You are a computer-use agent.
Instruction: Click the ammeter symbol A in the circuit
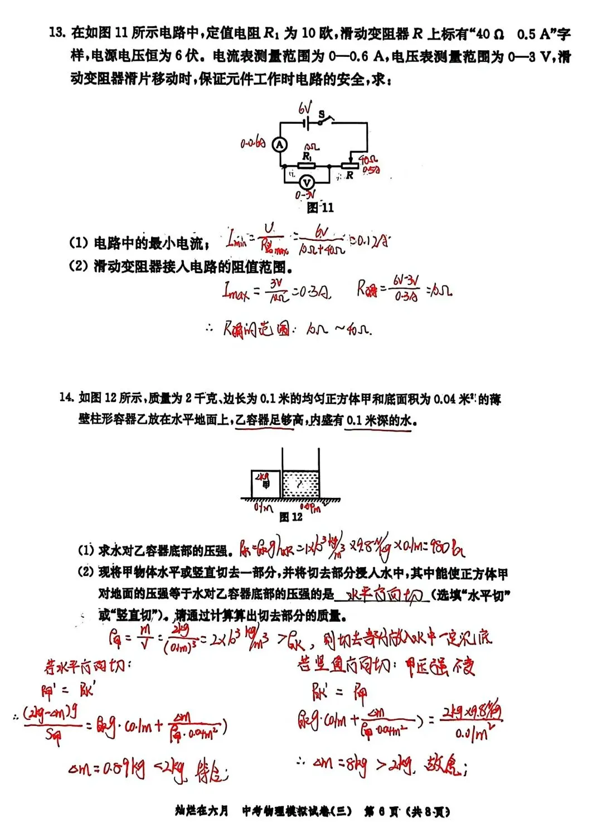click(x=279, y=144)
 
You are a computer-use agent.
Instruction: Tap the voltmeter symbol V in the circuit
click(x=305, y=182)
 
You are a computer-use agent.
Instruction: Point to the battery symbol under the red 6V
click(x=305, y=122)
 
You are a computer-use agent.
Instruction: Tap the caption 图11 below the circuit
click(x=320, y=207)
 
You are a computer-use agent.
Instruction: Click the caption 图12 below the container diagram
click(x=291, y=517)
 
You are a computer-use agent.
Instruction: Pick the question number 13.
click(x=57, y=32)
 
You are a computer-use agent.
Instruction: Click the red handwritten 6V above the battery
click(x=305, y=107)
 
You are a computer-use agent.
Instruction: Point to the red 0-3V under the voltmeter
click(x=305, y=195)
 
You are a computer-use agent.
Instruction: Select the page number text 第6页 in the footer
click(x=382, y=811)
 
